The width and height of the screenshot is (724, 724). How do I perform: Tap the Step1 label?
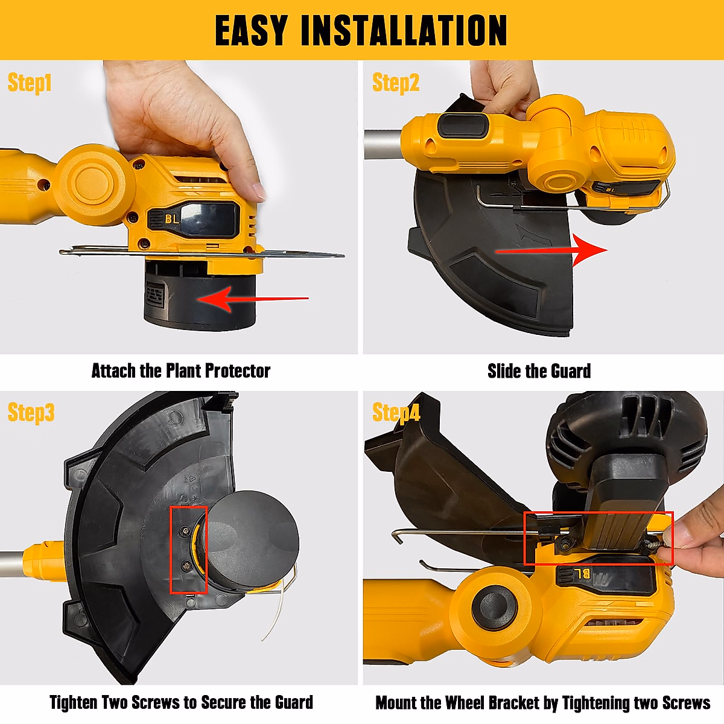(x=30, y=83)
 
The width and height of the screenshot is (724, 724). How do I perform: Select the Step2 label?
(x=395, y=83)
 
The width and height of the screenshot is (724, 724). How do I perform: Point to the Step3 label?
(x=31, y=413)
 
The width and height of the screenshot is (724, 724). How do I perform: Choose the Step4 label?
(x=396, y=413)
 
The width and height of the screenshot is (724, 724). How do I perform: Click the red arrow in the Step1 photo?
(x=253, y=299)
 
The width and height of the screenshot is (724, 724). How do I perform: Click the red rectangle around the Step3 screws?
(x=189, y=550)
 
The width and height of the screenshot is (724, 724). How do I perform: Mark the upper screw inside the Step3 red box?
(x=186, y=530)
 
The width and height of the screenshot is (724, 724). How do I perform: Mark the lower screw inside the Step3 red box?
(x=186, y=565)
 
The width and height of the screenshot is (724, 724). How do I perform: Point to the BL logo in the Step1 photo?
(x=172, y=218)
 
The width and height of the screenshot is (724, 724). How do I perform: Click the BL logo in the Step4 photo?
(x=582, y=574)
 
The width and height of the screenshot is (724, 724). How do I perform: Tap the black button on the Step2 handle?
(x=463, y=125)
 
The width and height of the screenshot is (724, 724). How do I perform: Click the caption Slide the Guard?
(x=539, y=371)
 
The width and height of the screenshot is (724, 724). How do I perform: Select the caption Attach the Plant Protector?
(x=180, y=370)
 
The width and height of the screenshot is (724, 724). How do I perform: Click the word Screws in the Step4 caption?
(x=685, y=703)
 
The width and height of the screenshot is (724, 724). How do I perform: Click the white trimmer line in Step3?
(x=271, y=615)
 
